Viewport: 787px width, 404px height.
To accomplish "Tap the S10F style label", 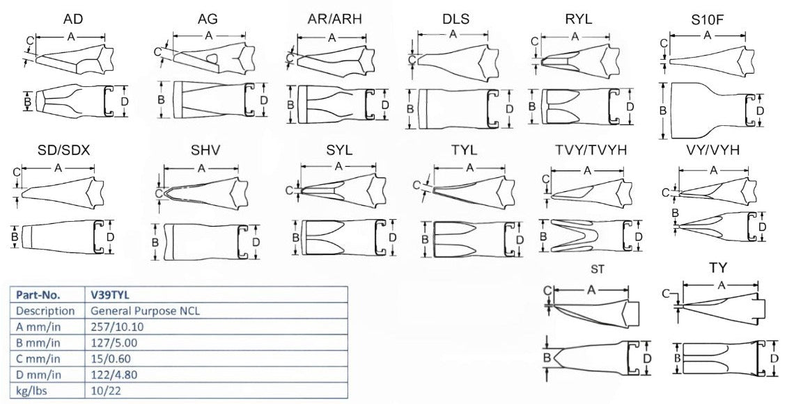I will [x=708, y=19].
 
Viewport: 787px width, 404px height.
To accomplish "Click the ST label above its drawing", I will [x=596, y=270].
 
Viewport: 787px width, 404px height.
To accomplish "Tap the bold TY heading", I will [x=718, y=268].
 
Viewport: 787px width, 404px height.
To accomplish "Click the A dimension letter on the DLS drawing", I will [x=453, y=33].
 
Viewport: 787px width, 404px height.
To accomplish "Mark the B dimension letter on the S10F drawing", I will [x=664, y=111].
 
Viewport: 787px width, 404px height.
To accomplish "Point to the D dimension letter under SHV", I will [x=256, y=242].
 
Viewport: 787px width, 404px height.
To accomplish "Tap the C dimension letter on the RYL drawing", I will [x=534, y=42].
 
